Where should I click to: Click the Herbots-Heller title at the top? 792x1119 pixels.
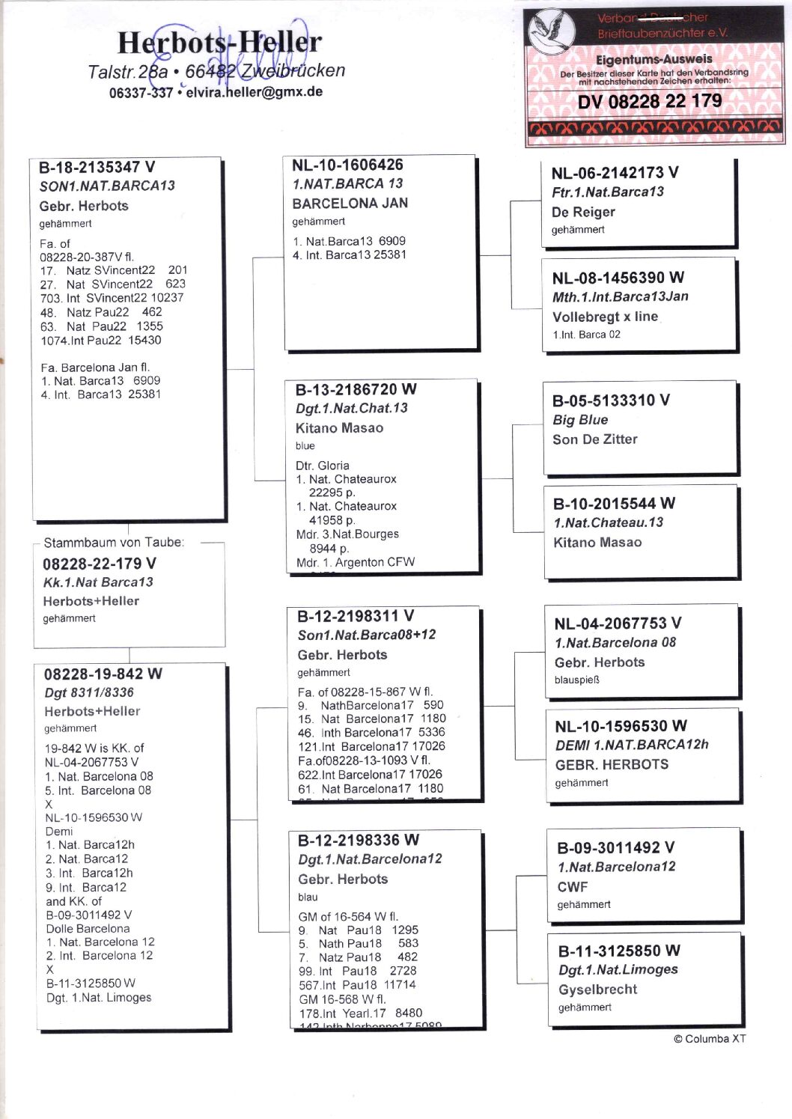click(x=219, y=43)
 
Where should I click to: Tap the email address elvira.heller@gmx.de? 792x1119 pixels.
click(x=254, y=92)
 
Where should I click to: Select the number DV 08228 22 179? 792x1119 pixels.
click(x=650, y=101)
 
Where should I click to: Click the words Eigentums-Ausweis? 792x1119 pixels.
click(x=654, y=59)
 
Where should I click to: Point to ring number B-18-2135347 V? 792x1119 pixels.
click(x=97, y=167)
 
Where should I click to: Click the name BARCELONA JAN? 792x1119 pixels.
click(x=350, y=203)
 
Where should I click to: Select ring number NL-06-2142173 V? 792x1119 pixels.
click(x=615, y=173)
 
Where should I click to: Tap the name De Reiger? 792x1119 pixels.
click(x=583, y=212)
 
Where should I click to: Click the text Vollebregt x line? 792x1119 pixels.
click(x=605, y=316)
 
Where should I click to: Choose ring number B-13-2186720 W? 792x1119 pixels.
click(x=356, y=389)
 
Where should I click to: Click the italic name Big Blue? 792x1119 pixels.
click(x=580, y=420)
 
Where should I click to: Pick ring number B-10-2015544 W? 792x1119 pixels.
click(x=614, y=504)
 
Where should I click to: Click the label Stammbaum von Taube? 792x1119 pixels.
click(x=114, y=543)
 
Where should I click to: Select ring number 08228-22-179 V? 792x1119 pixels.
click(x=100, y=564)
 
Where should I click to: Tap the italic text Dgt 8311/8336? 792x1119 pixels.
click(x=89, y=692)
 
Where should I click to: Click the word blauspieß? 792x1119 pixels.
click(x=577, y=680)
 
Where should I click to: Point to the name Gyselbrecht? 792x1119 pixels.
click(x=597, y=989)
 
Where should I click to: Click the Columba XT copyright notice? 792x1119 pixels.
click(x=709, y=1038)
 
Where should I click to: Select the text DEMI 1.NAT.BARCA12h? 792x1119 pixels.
click(x=632, y=745)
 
